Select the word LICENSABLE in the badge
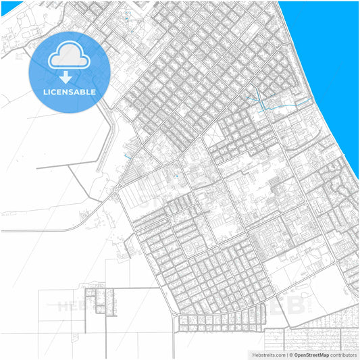pyautogui.click(x=70, y=92)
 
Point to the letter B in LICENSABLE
pyautogui.click(x=83, y=92)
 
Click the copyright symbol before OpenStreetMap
pyautogui.click(x=291, y=354)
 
